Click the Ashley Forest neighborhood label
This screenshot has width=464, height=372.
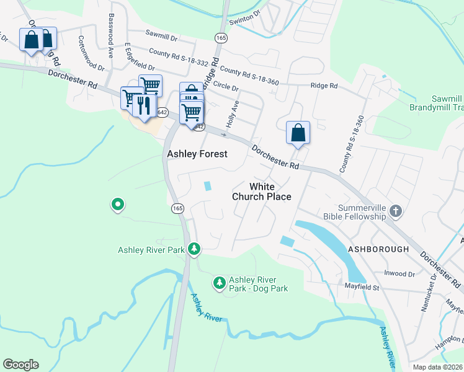[x=197, y=154]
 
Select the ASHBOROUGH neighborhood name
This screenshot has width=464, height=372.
[x=378, y=249]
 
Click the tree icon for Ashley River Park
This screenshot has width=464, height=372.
[x=195, y=249]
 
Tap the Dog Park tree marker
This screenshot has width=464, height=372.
[x=219, y=283]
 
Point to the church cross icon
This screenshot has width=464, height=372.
[x=396, y=213]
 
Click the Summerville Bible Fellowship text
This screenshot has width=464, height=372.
[x=362, y=213]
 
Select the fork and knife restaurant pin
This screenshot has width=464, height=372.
[x=144, y=106]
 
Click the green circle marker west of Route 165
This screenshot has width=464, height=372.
[x=117, y=204]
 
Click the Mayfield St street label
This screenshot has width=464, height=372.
[x=362, y=287]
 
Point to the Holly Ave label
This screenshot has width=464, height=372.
[x=233, y=115]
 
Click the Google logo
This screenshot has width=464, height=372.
[x=20, y=365]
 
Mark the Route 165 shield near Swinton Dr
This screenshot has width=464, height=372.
[x=221, y=38]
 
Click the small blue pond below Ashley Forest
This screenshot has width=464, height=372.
[x=207, y=185]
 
